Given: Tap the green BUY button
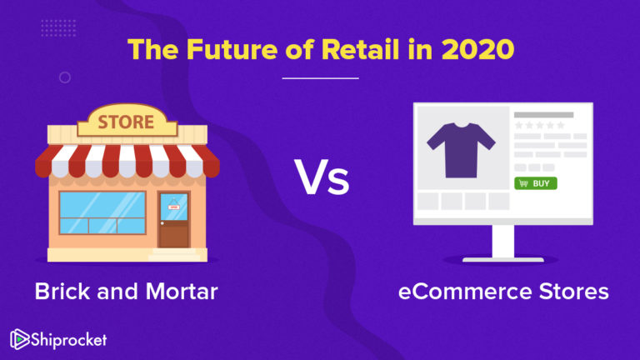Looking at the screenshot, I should (536, 182).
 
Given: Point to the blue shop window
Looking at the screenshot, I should (102, 213).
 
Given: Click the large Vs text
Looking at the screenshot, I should (321, 177).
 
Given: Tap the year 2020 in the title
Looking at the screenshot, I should (477, 50).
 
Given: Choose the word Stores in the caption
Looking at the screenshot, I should (570, 292).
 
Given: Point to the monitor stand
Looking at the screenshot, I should (504, 242).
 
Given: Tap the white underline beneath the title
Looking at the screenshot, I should (320, 77).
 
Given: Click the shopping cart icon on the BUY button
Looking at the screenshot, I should (523, 182).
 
